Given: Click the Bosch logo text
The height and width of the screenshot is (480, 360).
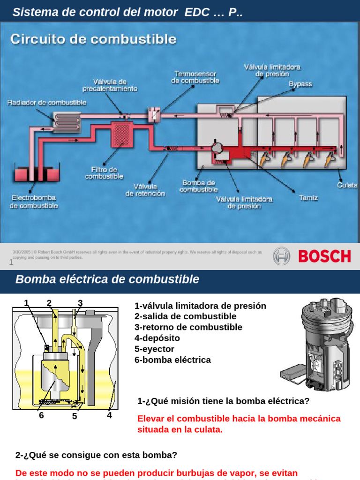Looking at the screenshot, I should [324, 256].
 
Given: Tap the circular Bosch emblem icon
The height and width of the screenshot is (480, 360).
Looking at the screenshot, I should [282, 256].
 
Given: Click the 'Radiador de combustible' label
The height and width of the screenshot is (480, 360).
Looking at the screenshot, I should [47, 103].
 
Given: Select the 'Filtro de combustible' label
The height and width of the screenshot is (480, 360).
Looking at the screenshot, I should [104, 173].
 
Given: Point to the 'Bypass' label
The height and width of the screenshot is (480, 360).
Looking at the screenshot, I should [300, 84].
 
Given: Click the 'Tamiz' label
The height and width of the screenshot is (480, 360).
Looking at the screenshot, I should [308, 198].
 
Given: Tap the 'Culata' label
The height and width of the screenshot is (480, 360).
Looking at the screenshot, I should [347, 185].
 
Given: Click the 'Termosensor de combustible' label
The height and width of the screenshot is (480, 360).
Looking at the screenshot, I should [195, 77].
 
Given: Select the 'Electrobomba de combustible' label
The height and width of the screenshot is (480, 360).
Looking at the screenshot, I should [34, 202].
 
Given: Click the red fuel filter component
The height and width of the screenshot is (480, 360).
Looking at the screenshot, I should [121, 133].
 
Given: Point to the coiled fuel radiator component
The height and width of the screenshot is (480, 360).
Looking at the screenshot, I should [67, 120].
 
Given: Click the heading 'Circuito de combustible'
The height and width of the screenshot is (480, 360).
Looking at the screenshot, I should [94, 39].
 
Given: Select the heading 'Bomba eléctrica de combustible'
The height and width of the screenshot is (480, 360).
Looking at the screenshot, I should [107, 279].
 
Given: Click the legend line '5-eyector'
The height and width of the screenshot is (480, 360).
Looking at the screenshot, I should [154, 349].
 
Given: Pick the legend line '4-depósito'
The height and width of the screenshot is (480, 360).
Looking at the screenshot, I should [157, 338].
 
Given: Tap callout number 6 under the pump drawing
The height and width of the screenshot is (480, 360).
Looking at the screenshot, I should [41, 415].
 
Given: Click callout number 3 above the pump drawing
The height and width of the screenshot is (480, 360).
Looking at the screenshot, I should [80, 303].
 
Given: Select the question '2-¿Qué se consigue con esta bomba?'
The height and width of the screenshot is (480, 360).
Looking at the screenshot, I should [96, 455].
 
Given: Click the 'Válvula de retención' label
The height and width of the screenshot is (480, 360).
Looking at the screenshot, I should [145, 190].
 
